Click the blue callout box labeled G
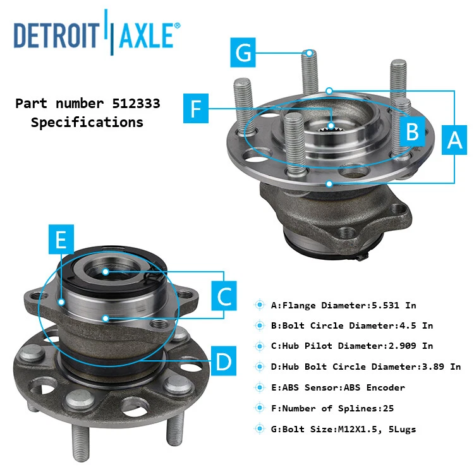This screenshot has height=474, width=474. click(245, 52)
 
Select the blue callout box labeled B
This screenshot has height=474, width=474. click(412, 131)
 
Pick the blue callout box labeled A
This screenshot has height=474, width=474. click(455, 139)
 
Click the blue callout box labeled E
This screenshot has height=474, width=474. click(61, 239)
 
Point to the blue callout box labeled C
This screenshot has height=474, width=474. click(224, 295)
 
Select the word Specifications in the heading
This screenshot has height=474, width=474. click(87, 122)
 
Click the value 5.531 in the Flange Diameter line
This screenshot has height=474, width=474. click(387, 305)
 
